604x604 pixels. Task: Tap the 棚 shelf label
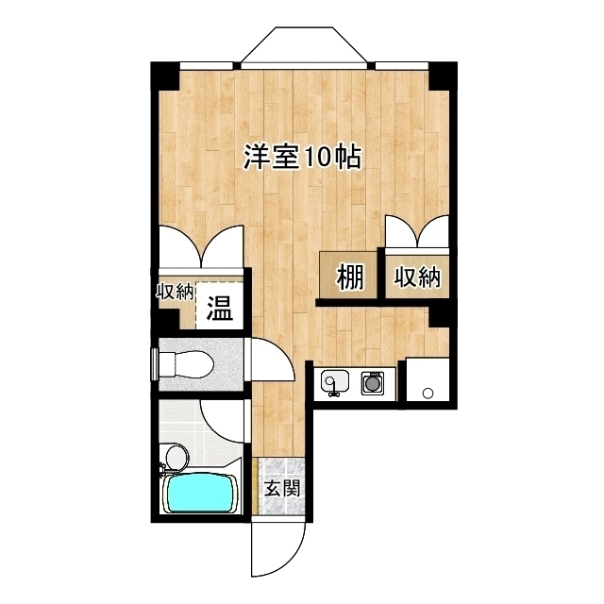(x=350, y=277)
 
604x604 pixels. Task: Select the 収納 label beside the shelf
(x=417, y=277)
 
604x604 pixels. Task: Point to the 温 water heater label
(x=220, y=308)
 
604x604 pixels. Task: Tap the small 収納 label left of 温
(x=176, y=291)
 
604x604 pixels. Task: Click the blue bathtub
(x=200, y=494)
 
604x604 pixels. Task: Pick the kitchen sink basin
(x=335, y=383)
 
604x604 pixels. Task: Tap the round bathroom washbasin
(x=174, y=458)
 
